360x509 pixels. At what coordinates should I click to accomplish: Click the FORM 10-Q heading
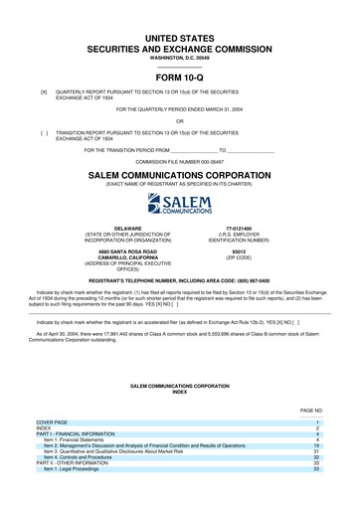[x=179, y=77]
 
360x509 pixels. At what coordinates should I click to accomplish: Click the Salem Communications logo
[x=180, y=207]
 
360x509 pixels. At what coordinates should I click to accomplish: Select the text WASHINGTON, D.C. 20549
[x=180, y=55]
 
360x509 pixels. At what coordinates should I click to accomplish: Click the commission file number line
[x=180, y=160]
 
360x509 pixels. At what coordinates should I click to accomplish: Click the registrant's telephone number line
[x=180, y=281]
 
